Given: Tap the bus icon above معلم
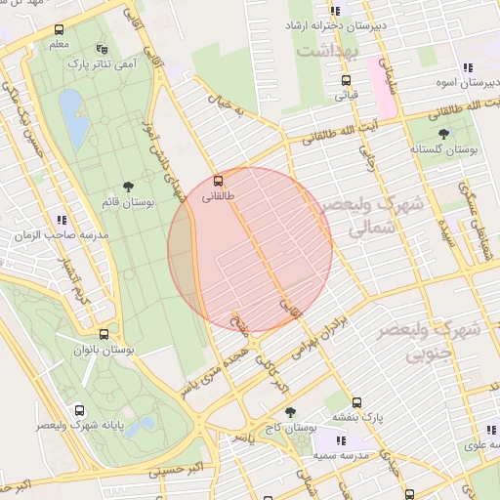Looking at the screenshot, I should point(60,30).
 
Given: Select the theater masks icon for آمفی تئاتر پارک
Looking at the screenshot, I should point(103,48).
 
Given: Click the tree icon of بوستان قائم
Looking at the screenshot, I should point(129,186).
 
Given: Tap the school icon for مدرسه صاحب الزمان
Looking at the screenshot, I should point(62,221).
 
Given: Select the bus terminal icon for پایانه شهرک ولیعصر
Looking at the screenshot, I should point(78,411).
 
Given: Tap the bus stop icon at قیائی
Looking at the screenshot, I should point(345,81).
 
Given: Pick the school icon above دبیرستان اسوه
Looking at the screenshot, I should point(468,67).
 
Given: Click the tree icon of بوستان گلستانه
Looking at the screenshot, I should point(444,134).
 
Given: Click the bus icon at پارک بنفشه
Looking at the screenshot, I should point(356,402).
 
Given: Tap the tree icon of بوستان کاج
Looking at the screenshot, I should point(289,413).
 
